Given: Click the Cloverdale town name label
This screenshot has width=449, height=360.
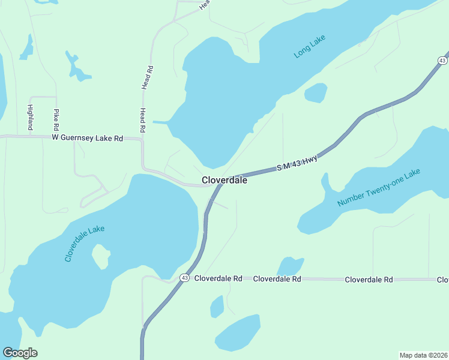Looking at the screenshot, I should coord(224,179).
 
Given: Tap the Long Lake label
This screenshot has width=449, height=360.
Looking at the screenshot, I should coord(309,47).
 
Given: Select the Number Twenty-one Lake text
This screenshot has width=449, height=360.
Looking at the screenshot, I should coord(379,188).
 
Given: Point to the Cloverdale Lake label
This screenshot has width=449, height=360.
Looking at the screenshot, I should coord(85,243).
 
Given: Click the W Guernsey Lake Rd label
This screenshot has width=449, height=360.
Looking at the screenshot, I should coord(87,138).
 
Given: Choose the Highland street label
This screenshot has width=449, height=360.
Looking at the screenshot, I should coord(30,117).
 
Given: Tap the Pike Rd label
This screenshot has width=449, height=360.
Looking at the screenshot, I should coord(56,120).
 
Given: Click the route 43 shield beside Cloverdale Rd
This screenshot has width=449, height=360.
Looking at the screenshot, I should coord(184,278).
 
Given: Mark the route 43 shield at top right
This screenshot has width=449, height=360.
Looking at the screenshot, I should coord(442,61).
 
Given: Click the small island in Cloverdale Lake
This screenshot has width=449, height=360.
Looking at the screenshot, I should coord(100,257).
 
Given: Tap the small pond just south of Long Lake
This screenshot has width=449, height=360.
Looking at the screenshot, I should coord(316,93).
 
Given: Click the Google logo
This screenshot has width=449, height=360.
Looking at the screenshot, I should coord(20,352).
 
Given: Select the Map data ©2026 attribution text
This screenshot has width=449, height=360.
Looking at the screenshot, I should coord(423,355).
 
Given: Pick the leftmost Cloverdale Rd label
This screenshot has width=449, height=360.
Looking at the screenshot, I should coord(218,278).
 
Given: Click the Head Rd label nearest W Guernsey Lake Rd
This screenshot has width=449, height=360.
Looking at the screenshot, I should coord(143,120).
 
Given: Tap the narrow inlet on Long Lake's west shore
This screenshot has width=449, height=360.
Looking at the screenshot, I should coord(161,122).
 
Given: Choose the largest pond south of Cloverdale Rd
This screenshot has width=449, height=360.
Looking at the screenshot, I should coord(238,332).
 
